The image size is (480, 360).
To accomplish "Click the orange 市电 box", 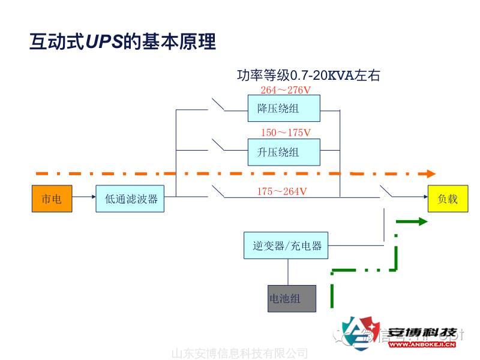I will click(x=51, y=199).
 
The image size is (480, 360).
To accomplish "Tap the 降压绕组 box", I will click(x=284, y=109).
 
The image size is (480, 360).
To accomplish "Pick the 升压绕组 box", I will click(x=284, y=152).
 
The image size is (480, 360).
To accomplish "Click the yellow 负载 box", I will click(x=447, y=199).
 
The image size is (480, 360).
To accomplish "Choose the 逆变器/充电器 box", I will click(x=286, y=245).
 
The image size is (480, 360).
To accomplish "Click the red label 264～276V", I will click(x=286, y=90).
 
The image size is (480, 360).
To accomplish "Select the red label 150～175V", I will click(x=286, y=133).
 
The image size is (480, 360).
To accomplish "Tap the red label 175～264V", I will click(x=282, y=191).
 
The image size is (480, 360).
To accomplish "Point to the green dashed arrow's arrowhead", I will click(x=422, y=221).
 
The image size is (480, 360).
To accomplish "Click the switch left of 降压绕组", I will click(x=218, y=105).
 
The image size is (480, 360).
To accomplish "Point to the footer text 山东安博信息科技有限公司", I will click(x=240, y=353).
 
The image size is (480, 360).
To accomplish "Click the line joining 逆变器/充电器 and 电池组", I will click(x=288, y=272).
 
